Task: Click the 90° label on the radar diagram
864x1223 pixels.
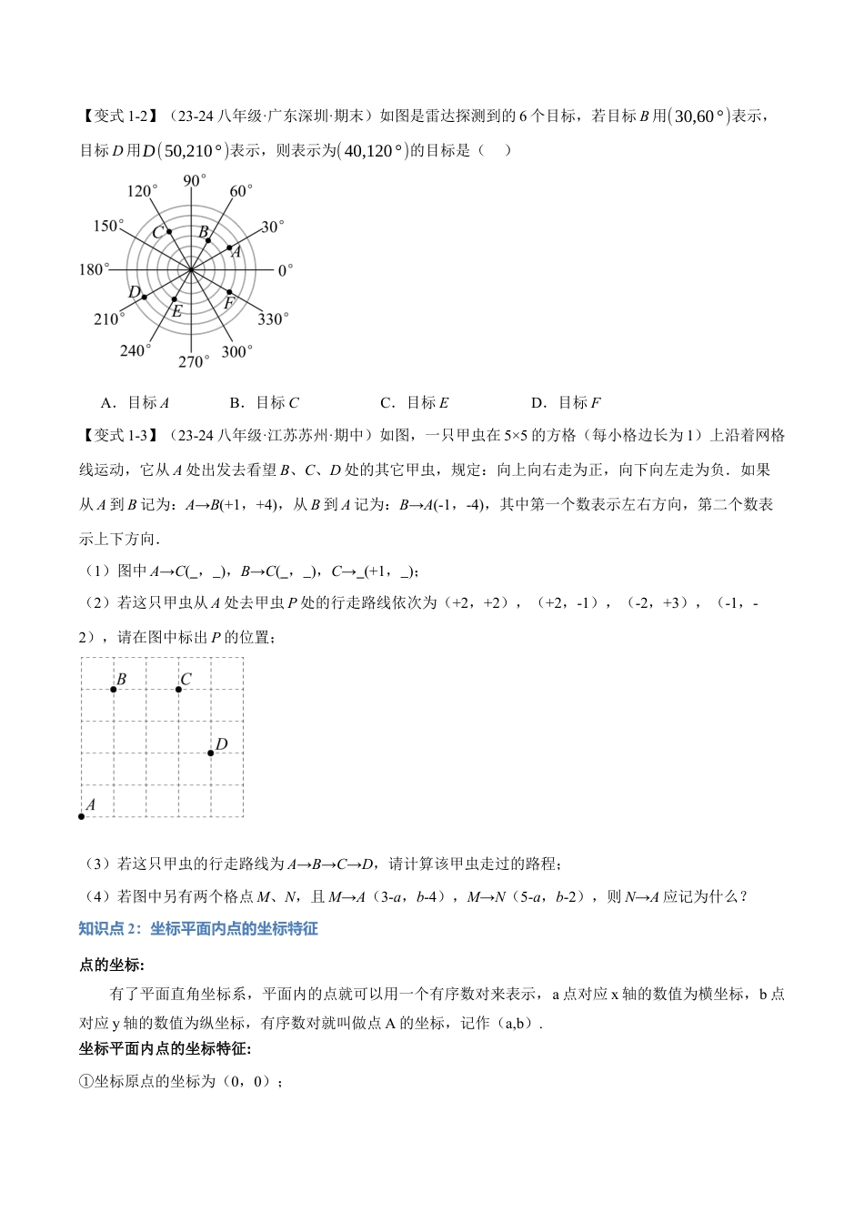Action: point(195,180)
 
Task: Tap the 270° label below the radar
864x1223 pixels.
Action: point(193,361)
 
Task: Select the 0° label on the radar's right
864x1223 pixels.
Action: point(285,270)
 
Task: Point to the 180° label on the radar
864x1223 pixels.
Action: point(94,269)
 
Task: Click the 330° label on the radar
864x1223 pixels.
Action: point(272,318)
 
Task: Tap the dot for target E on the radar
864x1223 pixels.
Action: point(175,299)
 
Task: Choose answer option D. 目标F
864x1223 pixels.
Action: point(566,402)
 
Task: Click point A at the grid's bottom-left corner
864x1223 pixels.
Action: point(82,816)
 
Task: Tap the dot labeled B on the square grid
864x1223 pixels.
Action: point(114,689)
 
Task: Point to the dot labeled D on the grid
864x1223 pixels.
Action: point(211,753)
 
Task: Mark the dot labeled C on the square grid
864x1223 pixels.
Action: point(178,689)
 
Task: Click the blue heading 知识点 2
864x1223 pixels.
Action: point(198,928)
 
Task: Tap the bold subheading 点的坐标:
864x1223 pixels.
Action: point(112,965)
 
